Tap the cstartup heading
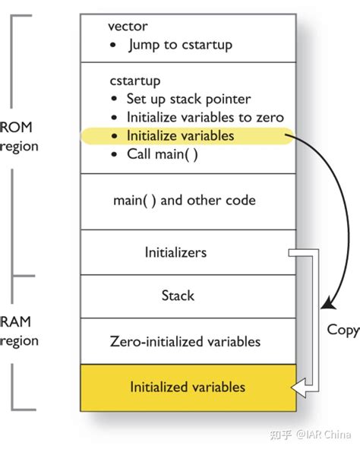(135, 80)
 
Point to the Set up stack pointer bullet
(188, 99)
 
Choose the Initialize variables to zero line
(205, 117)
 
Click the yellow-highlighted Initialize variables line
(180, 136)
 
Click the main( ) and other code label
(184, 201)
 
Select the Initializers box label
(175, 252)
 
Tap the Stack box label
(178, 296)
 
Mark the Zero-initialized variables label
(185, 341)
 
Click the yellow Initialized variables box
(188, 387)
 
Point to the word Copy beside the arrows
(343, 330)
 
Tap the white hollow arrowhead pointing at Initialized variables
(302, 391)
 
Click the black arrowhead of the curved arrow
(327, 304)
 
